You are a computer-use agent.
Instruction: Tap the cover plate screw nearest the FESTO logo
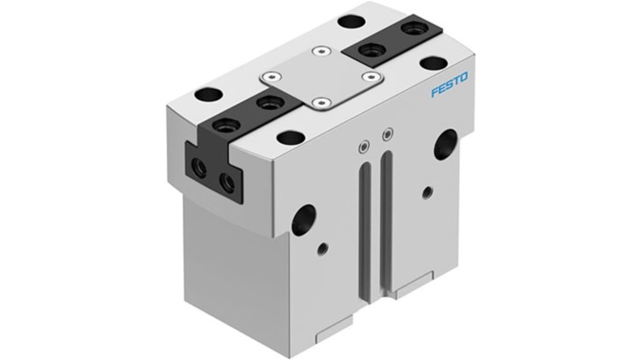point(372,77)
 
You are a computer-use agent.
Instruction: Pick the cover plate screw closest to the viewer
point(320,103)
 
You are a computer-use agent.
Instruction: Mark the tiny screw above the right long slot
point(387,134)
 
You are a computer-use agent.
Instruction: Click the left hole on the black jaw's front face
point(199,169)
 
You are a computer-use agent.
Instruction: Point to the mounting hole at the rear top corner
point(352,21)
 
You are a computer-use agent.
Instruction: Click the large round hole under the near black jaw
point(303,220)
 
